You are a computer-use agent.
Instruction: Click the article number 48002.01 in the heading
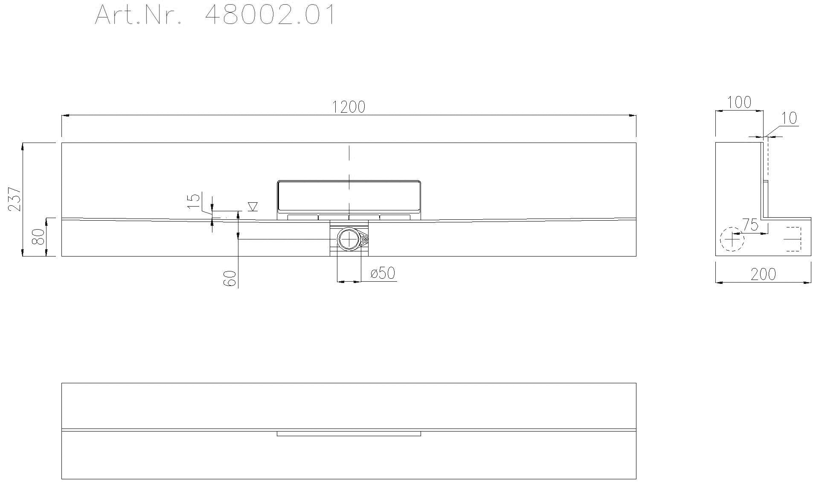(x=270, y=15)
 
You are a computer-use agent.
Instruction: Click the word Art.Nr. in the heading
(x=139, y=15)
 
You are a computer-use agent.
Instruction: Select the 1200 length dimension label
(x=349, y=107)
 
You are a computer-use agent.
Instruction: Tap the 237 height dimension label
(x=15, y=199)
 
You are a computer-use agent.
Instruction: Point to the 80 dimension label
(x=39, y=237)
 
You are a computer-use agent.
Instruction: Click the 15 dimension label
(x=194, y=200)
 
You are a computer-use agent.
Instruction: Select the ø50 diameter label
(x=383, y=273)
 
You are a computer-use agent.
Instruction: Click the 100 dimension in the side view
(x=739, y=102)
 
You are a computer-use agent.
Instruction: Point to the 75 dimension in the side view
(x=750, y=225)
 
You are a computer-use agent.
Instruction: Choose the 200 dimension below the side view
(x=763, y=274)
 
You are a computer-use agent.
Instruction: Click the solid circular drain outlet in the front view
(x=349, y=239)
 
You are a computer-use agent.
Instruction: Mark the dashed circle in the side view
(x=732, y=239)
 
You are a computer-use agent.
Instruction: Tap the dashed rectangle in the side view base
(x=793, y=239)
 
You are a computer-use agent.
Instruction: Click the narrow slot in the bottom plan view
(x=349, y=434)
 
